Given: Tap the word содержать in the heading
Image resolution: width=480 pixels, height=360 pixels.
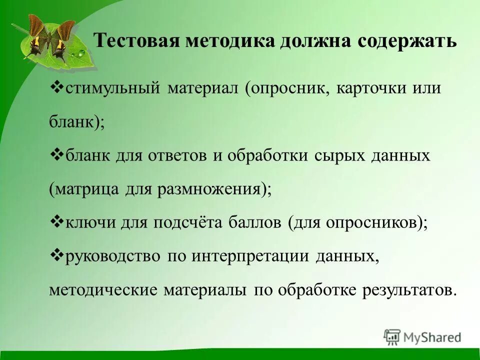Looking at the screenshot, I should coord(406,41).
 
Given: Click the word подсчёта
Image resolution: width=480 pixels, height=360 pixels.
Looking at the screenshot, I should coord(190,223).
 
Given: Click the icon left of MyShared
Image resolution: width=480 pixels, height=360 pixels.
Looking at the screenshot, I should coord(392,337).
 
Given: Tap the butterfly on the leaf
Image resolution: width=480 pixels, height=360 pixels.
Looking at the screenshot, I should coord(46,37).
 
